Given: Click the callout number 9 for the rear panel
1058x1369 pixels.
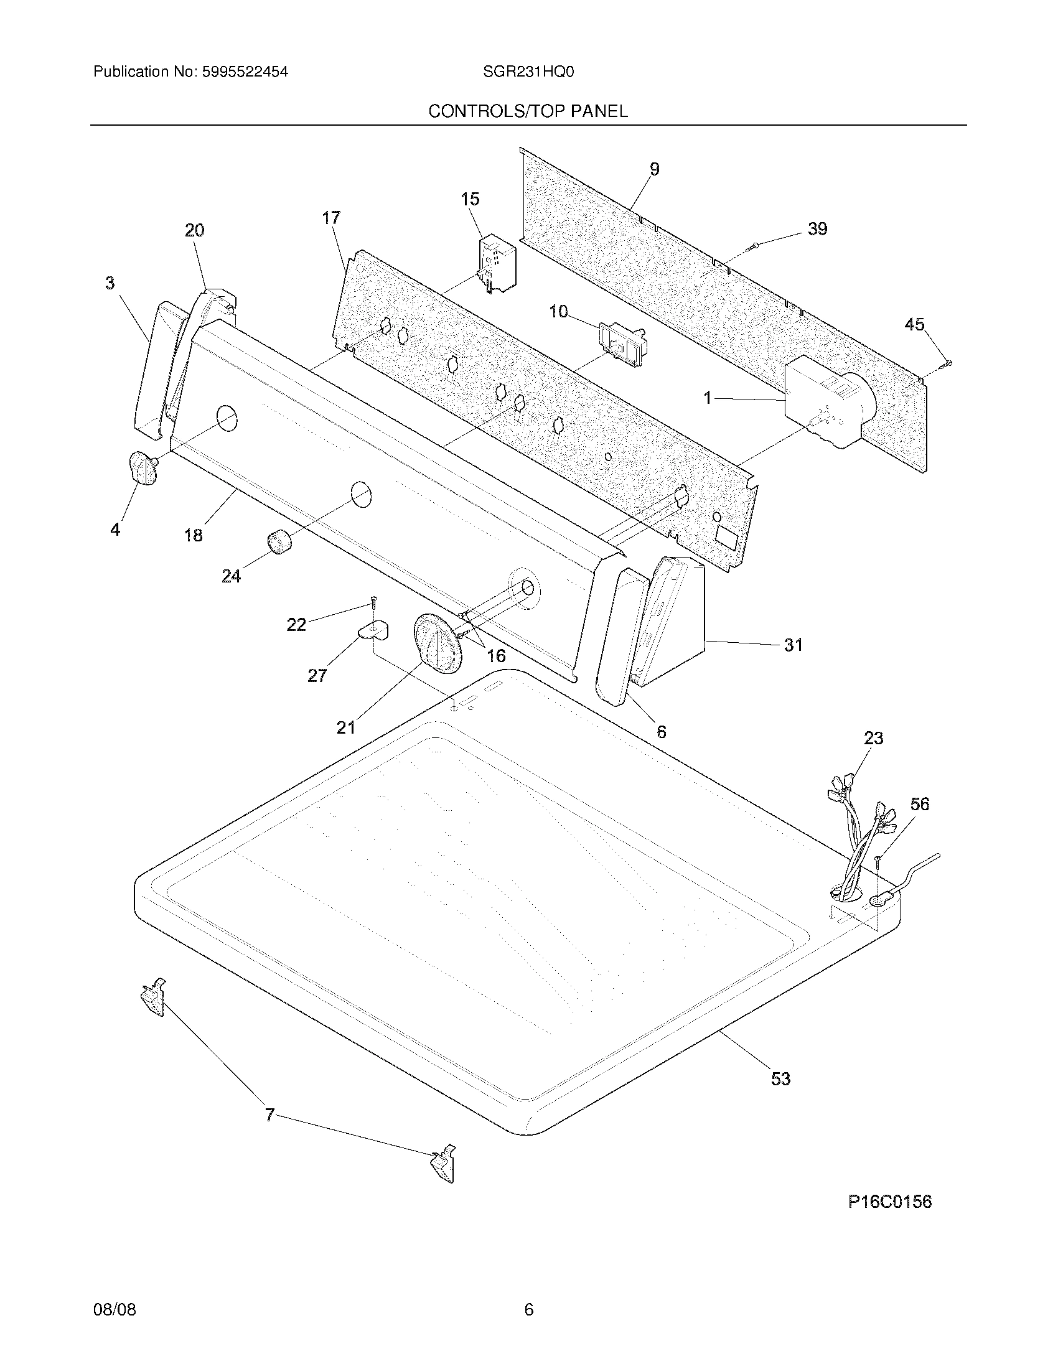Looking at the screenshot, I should pos(654,169).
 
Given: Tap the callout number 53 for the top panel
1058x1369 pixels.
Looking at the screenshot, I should pos(780,1078).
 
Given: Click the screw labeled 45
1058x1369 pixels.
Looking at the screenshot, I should pos(947,363).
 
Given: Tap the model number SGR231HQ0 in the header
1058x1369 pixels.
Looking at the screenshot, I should pos(528,72).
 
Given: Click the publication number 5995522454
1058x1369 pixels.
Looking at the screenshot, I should pos(245,72).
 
